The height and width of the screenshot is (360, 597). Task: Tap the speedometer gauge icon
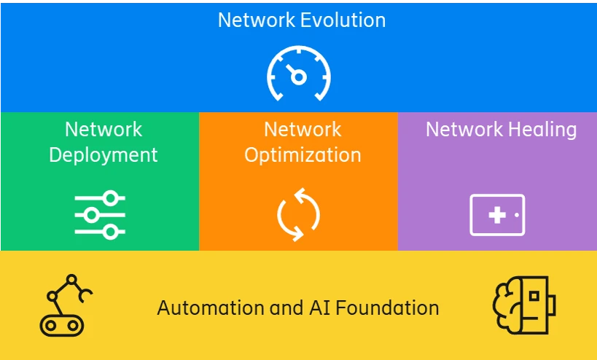point(298,74)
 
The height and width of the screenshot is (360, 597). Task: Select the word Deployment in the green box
point(103,154)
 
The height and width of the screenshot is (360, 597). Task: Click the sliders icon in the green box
point(100,214)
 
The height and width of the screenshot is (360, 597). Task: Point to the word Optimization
point(303,155)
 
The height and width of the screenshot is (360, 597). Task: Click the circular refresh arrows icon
point(298,215)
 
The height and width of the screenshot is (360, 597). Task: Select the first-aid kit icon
point(497,215)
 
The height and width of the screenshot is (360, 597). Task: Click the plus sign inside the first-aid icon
point(497,215)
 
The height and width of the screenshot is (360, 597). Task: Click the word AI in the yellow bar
point(311,308)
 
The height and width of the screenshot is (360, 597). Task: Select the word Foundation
point(384,308)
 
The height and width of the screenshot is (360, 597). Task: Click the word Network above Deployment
point(104,130)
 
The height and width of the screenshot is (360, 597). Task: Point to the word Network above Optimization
point(303,130)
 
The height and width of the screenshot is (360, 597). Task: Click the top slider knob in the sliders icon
point(111,197)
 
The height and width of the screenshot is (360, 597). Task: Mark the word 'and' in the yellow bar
point(283,308)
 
